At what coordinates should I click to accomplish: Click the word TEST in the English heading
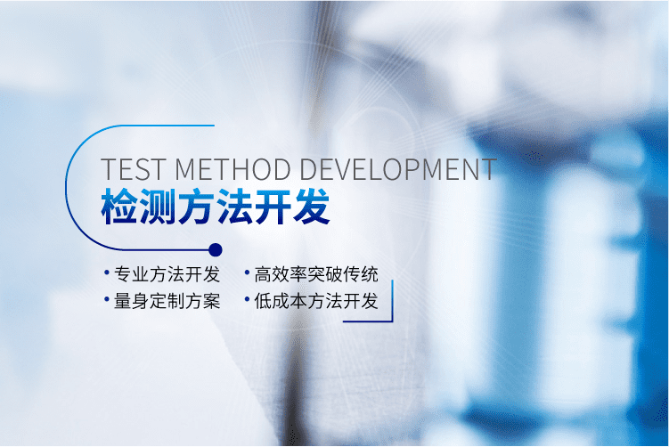(x=132, y=169)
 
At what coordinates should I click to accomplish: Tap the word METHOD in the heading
(x=233, y=169)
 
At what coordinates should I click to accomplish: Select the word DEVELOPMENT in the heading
(x=398, y=169)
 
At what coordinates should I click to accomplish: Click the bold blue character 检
(x=120, y=207)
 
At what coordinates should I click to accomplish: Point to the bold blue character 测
(x=159, y=207)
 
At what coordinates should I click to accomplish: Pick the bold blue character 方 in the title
(x=196, y=207)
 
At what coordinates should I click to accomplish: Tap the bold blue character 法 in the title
(x=234, y=207)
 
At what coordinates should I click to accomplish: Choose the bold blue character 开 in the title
(x=273, y=207)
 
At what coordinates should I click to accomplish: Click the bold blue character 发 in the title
(x=312, y=207)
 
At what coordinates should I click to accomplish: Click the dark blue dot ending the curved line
(x=216, y=250)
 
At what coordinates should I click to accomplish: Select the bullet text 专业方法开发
(x=167, y=274)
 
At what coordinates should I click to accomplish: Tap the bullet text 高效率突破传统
(x=316, y=274)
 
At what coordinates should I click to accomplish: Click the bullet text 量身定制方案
(x=167, y=301)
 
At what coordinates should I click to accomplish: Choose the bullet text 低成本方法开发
(x=316, y=301)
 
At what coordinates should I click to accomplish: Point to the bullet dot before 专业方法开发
(x=107, y=272)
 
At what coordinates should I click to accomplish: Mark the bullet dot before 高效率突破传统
(x=247, y=272)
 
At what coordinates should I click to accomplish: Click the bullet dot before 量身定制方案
(x=107, y=299)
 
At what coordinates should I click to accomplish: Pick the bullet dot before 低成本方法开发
(x=247, y=299)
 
